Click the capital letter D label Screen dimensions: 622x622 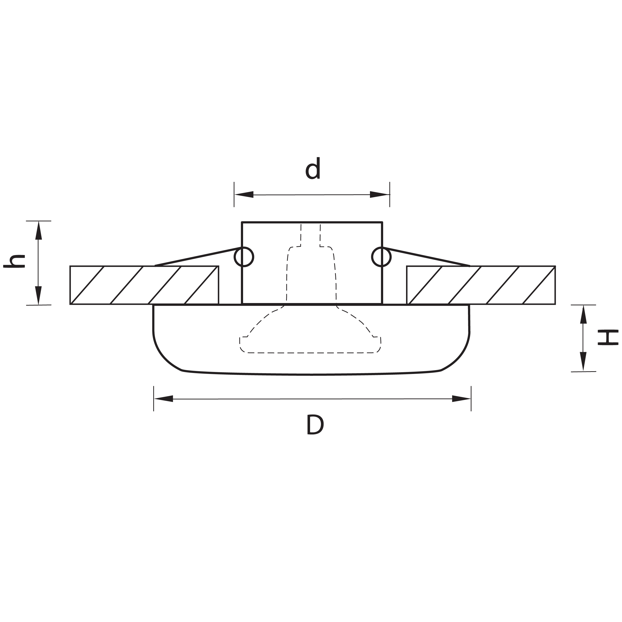tap(315, 425)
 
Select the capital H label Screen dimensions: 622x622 tap(608, 337)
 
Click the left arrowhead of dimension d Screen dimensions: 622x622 tap(244, 195)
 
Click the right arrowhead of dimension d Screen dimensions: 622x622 tap(380, 195)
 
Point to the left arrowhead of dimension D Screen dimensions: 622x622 tap(163, 399)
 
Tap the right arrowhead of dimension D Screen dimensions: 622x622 tap(461, 399)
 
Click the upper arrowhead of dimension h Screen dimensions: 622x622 tap(39, 231)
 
